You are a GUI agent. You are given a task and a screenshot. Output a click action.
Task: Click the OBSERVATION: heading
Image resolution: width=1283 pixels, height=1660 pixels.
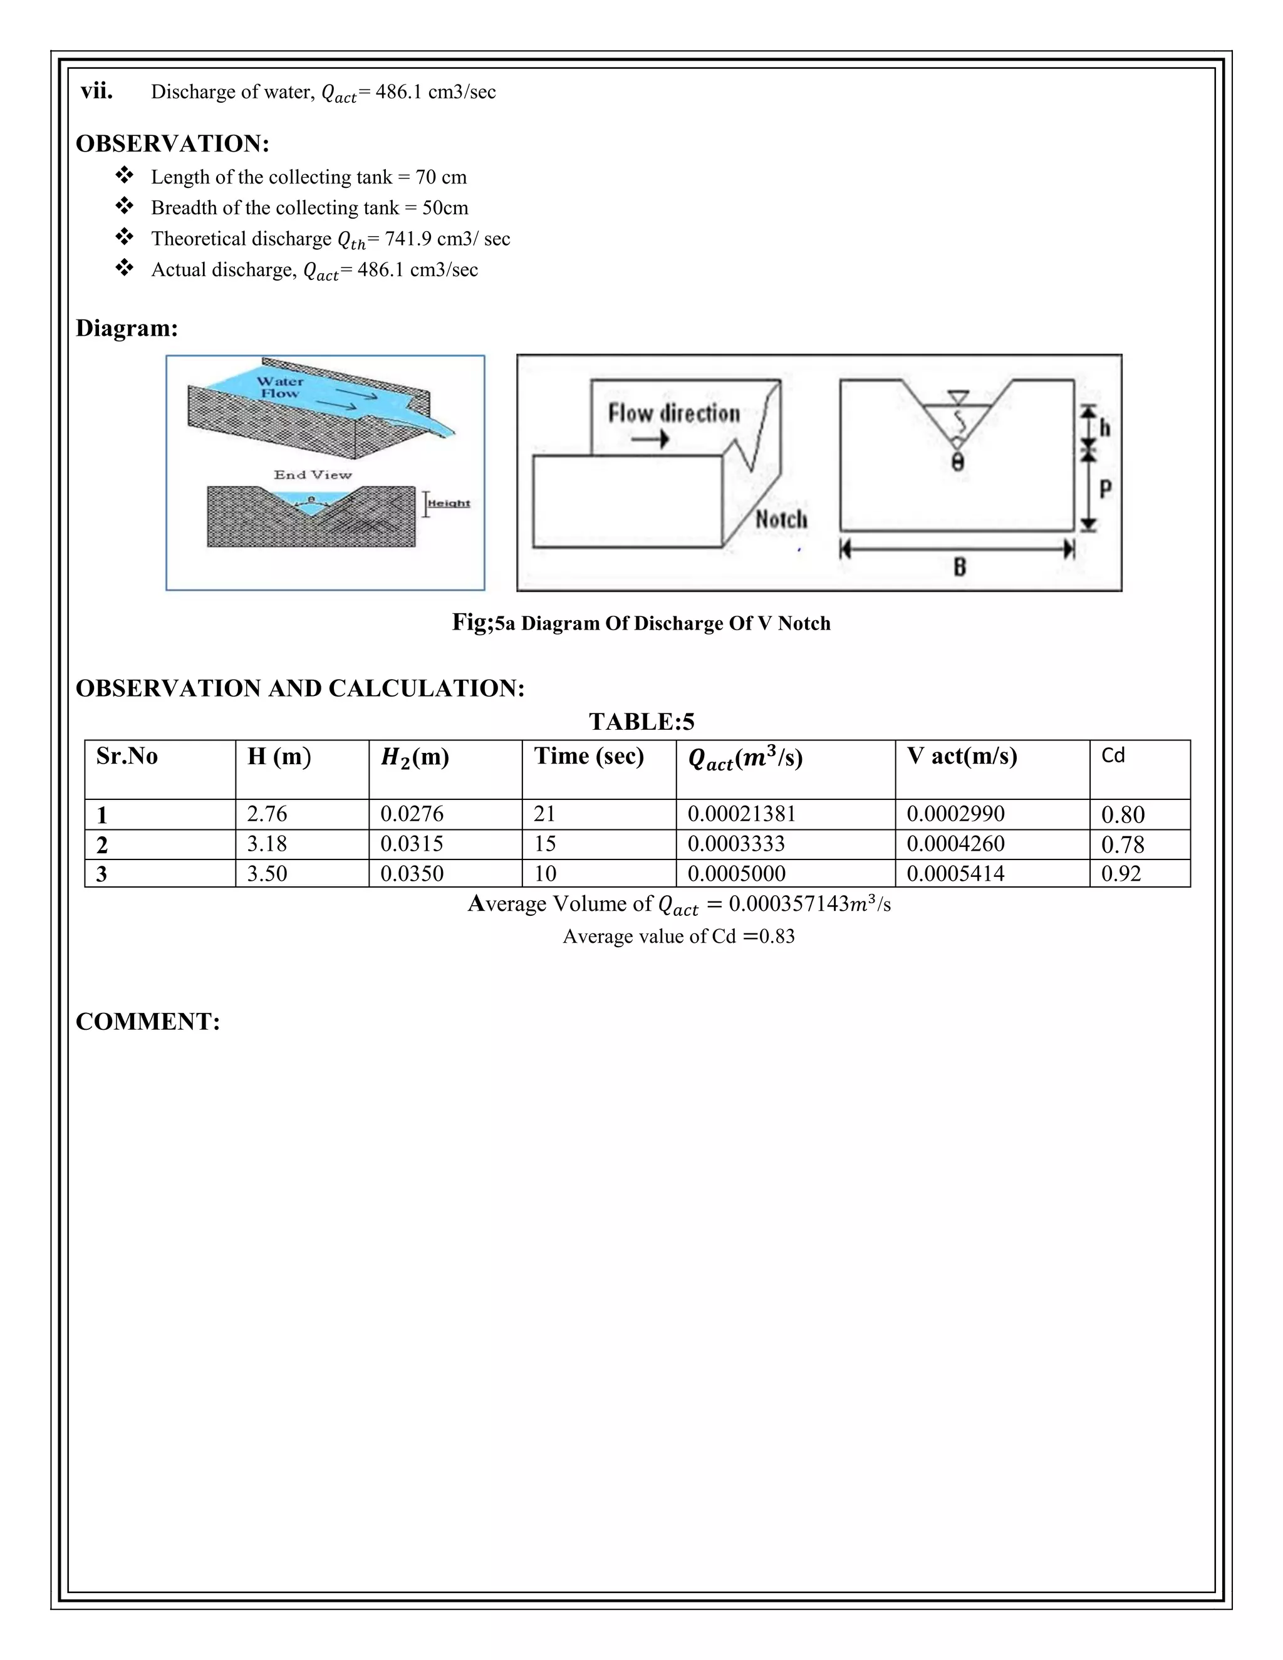point(172,143)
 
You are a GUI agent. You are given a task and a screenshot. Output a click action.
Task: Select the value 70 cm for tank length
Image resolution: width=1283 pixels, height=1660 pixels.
point(441,177)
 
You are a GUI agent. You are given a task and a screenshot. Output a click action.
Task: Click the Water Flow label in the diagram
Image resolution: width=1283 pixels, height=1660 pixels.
point(279,387)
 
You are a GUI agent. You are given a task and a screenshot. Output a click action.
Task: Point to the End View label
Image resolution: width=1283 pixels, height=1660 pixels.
point(313,475)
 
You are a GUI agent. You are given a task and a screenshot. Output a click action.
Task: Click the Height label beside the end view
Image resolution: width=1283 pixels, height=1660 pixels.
point(449,503)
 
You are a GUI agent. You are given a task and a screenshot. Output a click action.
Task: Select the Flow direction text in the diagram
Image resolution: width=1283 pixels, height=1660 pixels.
point(673,413)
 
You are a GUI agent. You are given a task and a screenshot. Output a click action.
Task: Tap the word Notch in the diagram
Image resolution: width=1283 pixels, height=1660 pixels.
point(781,520)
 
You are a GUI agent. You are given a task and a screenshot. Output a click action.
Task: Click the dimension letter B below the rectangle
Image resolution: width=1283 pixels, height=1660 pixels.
point(959,566)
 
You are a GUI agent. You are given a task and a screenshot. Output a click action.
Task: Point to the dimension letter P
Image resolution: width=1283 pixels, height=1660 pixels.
point(1105,488)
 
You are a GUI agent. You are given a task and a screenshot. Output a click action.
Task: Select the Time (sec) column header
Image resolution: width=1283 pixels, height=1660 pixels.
point(588,756)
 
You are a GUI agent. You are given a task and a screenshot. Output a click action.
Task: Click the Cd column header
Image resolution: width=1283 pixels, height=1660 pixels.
point(1113,755)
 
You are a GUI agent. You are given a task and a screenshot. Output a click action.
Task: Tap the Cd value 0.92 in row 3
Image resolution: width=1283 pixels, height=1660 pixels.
point(1121,873)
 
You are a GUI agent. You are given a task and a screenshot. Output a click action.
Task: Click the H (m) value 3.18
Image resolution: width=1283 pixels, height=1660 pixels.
point(267,844)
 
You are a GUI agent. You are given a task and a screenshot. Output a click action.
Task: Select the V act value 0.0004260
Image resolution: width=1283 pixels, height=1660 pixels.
point(955,844)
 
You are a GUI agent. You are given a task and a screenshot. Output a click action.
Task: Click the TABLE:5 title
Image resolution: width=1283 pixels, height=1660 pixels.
point(641,721)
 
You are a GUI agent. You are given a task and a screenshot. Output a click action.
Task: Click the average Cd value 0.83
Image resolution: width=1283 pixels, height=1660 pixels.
point(776,936)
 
